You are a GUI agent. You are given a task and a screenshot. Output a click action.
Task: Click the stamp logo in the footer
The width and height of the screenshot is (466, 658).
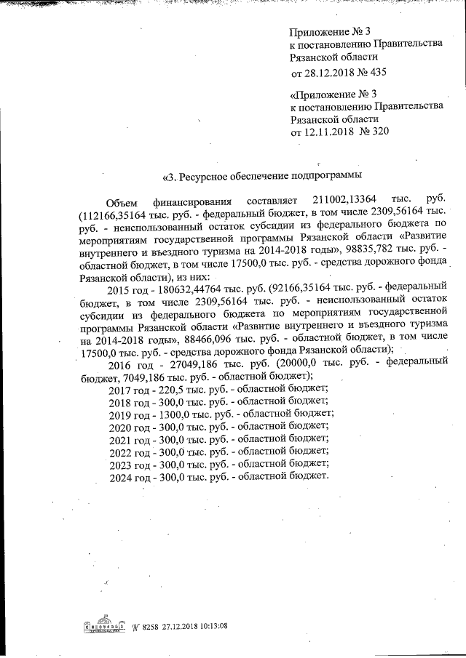pos(101,626)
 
